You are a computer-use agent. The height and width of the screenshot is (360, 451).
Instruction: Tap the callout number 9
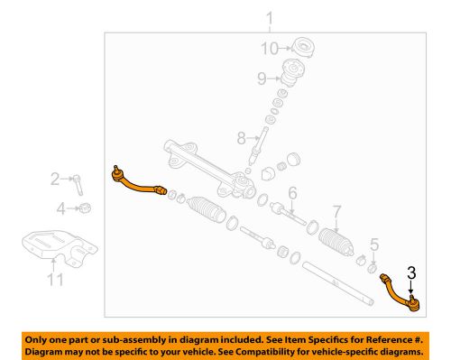(261, 78)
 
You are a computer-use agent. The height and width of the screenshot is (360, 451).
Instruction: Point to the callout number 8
(240, 138)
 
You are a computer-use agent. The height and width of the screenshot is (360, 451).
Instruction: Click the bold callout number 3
(411, 271)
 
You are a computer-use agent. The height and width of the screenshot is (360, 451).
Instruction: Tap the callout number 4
(60, 208)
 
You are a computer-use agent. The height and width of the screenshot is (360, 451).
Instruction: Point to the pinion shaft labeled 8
(263, 143)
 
